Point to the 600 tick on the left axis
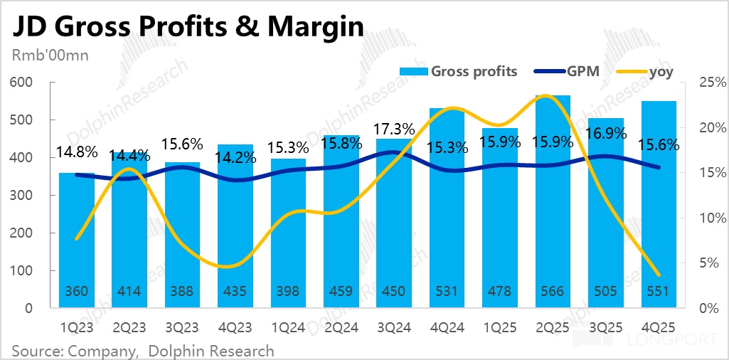coord(23,83)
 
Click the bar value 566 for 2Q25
coord(553,292)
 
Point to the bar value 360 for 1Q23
coord(76,292)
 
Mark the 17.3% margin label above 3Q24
coord(394,129)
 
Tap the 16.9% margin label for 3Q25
coord(605,133)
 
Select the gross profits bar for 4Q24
coord(447,213)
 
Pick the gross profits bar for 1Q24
coord(288,235)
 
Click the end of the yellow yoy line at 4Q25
coord(658,275)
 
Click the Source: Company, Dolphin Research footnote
coord(142,351)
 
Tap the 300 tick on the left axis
coord(23,196)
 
